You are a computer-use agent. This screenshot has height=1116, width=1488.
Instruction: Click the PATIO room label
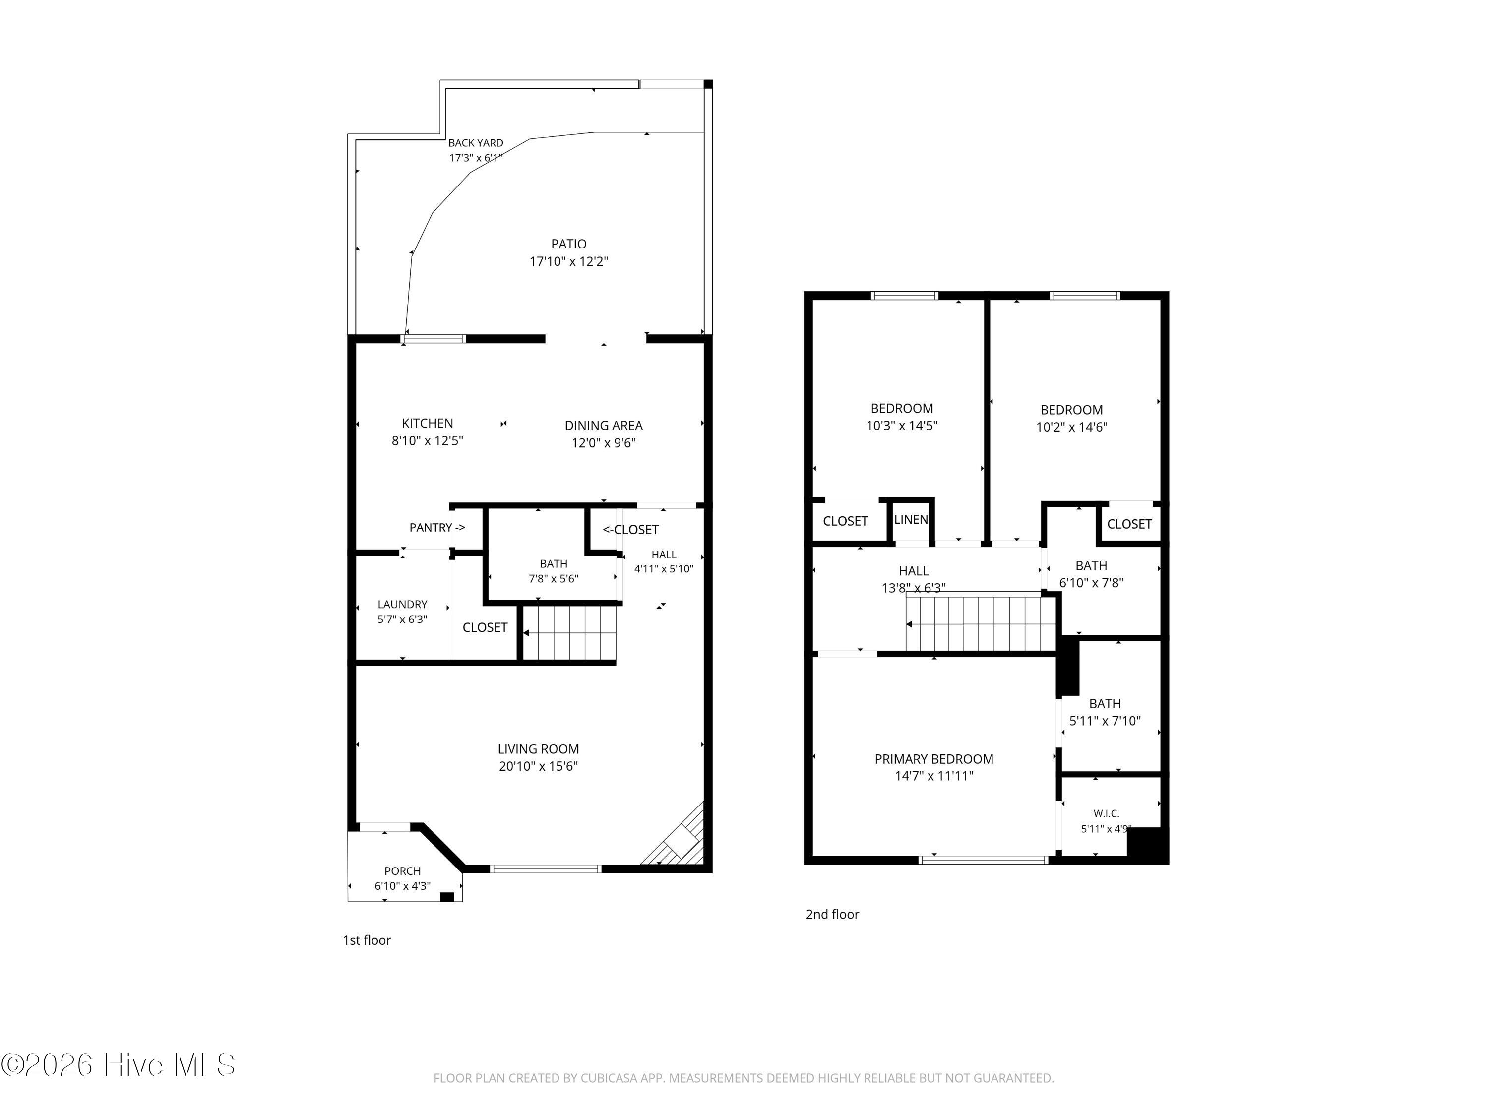pyautogui.click(x=568, y=244)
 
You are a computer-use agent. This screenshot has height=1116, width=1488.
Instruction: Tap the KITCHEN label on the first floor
pyautogui.click(x=427, y=423)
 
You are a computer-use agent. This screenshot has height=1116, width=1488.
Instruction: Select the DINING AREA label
pyautogui.click(x=604, y=425)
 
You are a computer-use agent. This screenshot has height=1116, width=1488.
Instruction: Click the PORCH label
pyautogui.click(x=402, y=871)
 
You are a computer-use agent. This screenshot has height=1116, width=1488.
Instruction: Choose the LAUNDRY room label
pyautogui.click(x=402, y=604)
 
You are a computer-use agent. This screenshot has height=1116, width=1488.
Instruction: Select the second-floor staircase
pyautogui.click(x=980, y=622)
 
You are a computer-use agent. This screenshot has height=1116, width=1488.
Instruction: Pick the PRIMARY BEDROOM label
pyautogui.click(x=933, y=759)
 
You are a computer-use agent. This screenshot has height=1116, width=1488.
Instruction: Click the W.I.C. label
pyautogui.click(x=1106, y=814)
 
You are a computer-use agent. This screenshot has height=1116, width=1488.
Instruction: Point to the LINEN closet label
pyautogui.click(x=911, y=519)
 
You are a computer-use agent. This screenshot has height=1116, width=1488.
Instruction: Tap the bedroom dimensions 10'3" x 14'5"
pyautogui.click(x=901, y=425)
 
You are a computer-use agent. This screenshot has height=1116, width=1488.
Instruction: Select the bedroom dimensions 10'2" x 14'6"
pyautogui.click(x=1071, y=427)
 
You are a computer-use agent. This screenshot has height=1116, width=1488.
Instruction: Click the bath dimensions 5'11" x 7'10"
pyautogui.click(x=1105, y=721)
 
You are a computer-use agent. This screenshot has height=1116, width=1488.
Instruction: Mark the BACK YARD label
pyautogui.click(x=476, y=143)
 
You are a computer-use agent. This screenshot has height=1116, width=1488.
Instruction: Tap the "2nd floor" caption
pyautogui.click(x=832, y=914)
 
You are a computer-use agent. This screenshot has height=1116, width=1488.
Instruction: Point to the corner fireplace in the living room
pyautogui.click(x=678, y=838)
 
